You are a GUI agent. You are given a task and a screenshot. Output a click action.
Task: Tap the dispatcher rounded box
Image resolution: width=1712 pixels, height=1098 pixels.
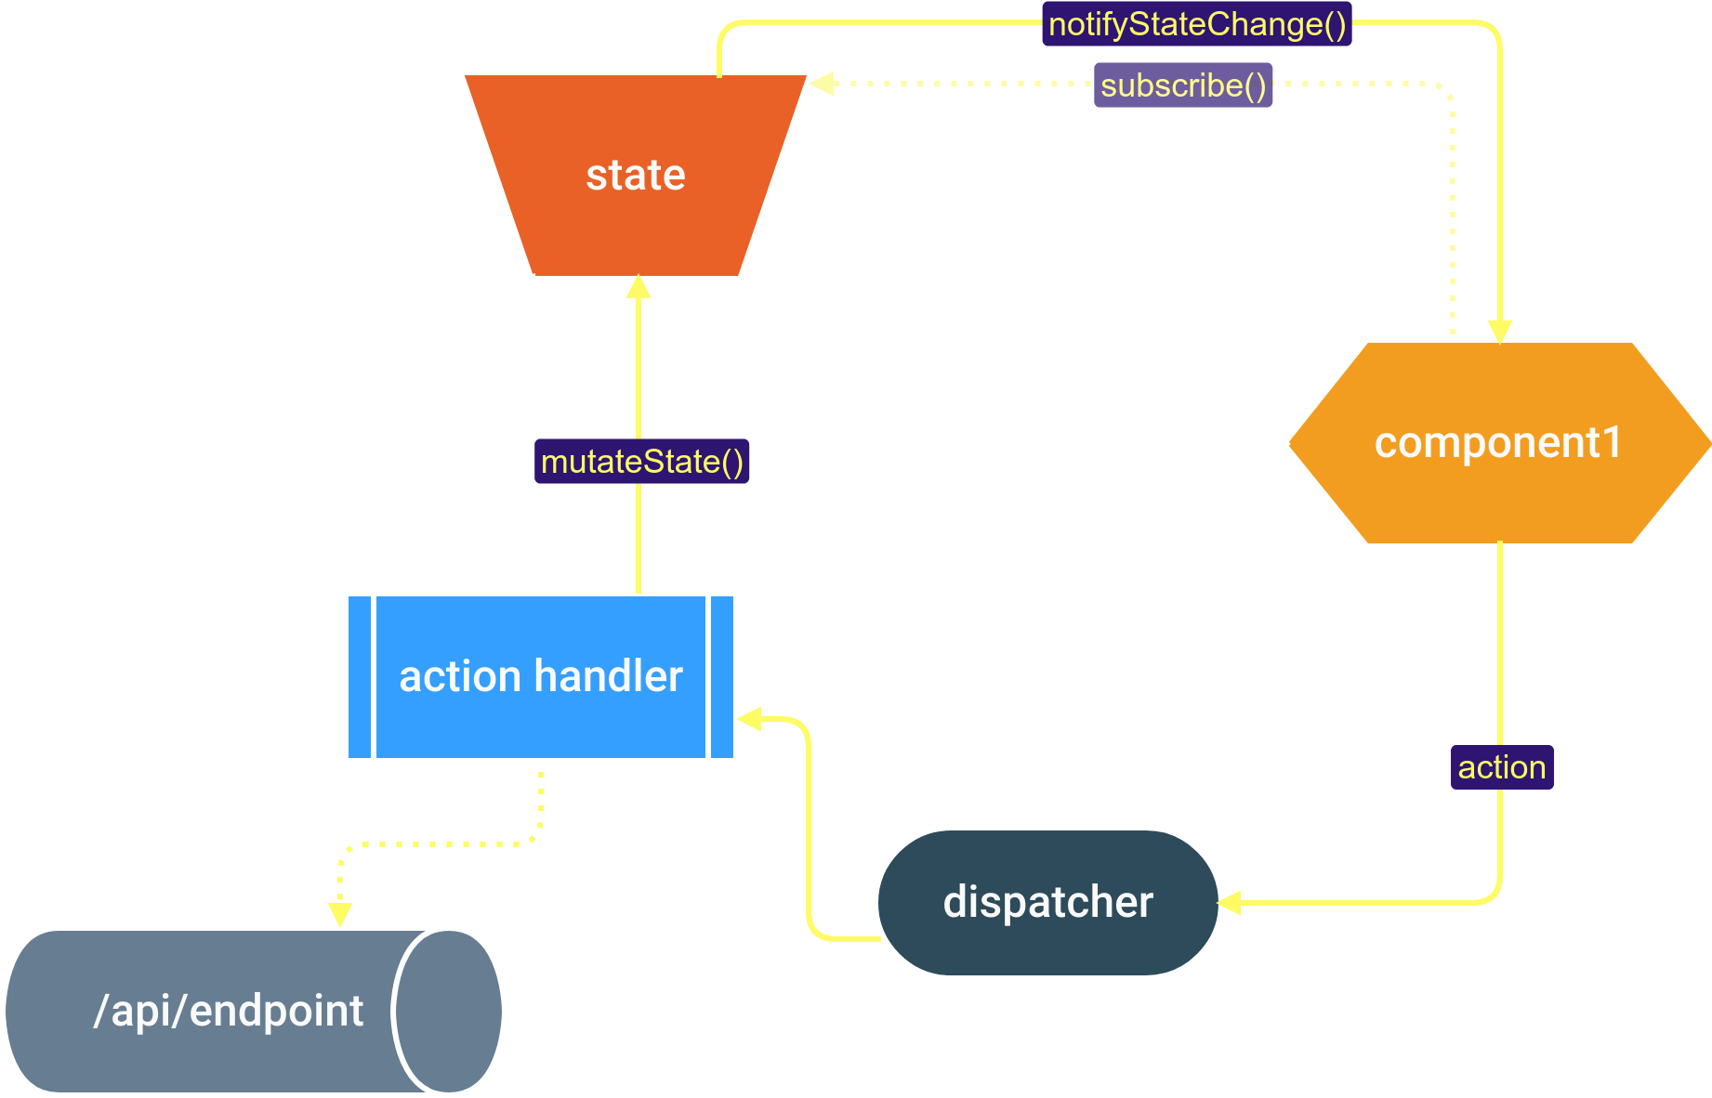(1047, 938)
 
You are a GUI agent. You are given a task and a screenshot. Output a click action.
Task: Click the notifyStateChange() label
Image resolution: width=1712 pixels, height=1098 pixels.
(1197, 24)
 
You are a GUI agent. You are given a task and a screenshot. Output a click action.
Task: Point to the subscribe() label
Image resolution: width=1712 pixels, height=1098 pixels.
(1182, 85)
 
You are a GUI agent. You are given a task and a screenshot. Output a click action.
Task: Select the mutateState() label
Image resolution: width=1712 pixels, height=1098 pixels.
(641, 462)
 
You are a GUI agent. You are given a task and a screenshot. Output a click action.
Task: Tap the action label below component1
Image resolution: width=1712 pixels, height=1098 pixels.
(1501, 767)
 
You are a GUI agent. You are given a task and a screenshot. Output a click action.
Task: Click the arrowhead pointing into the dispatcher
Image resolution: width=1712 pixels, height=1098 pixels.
(1229, 902)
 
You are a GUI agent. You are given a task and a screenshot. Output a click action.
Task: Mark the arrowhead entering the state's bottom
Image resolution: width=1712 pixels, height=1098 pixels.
(639, 287)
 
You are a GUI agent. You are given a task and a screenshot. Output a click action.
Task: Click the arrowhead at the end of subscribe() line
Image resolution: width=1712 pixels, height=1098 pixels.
(821, 84)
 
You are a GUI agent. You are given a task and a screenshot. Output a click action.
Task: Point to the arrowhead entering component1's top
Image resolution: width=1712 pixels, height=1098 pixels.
(1500, 332)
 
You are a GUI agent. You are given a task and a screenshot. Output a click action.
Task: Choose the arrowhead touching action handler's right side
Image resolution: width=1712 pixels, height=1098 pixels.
(750, 718)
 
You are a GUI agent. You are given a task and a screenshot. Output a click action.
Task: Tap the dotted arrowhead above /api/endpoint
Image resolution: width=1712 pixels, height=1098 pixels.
(340, 914)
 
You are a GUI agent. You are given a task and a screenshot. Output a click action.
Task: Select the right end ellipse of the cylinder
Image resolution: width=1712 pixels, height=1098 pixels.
(449, 1011)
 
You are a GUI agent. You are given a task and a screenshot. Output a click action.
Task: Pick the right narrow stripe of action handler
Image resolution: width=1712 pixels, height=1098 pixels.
(721, 677)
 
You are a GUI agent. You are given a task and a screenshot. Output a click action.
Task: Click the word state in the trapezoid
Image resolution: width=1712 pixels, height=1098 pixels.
(636, 175)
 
